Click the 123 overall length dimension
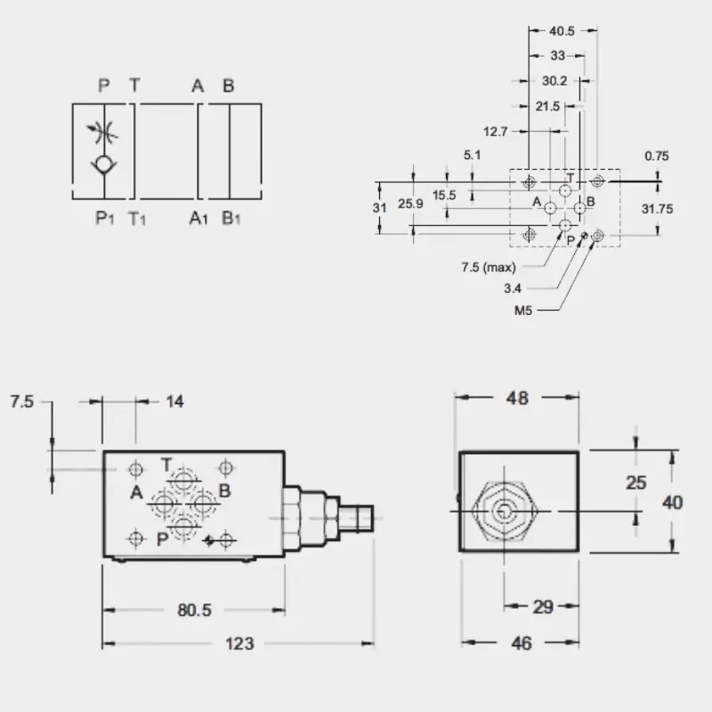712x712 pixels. coord(239,643)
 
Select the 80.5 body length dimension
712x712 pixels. coord(194,610)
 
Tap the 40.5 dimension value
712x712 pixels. coord(562,31)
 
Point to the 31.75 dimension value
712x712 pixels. coord(657,209)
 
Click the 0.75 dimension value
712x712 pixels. coord(657,157)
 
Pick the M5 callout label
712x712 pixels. coord(522,311)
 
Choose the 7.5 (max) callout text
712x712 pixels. coord(489,267)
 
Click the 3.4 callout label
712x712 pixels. coord(513,288)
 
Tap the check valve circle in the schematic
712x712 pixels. coord(104,164)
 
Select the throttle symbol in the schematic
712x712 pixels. coord(102,133)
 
